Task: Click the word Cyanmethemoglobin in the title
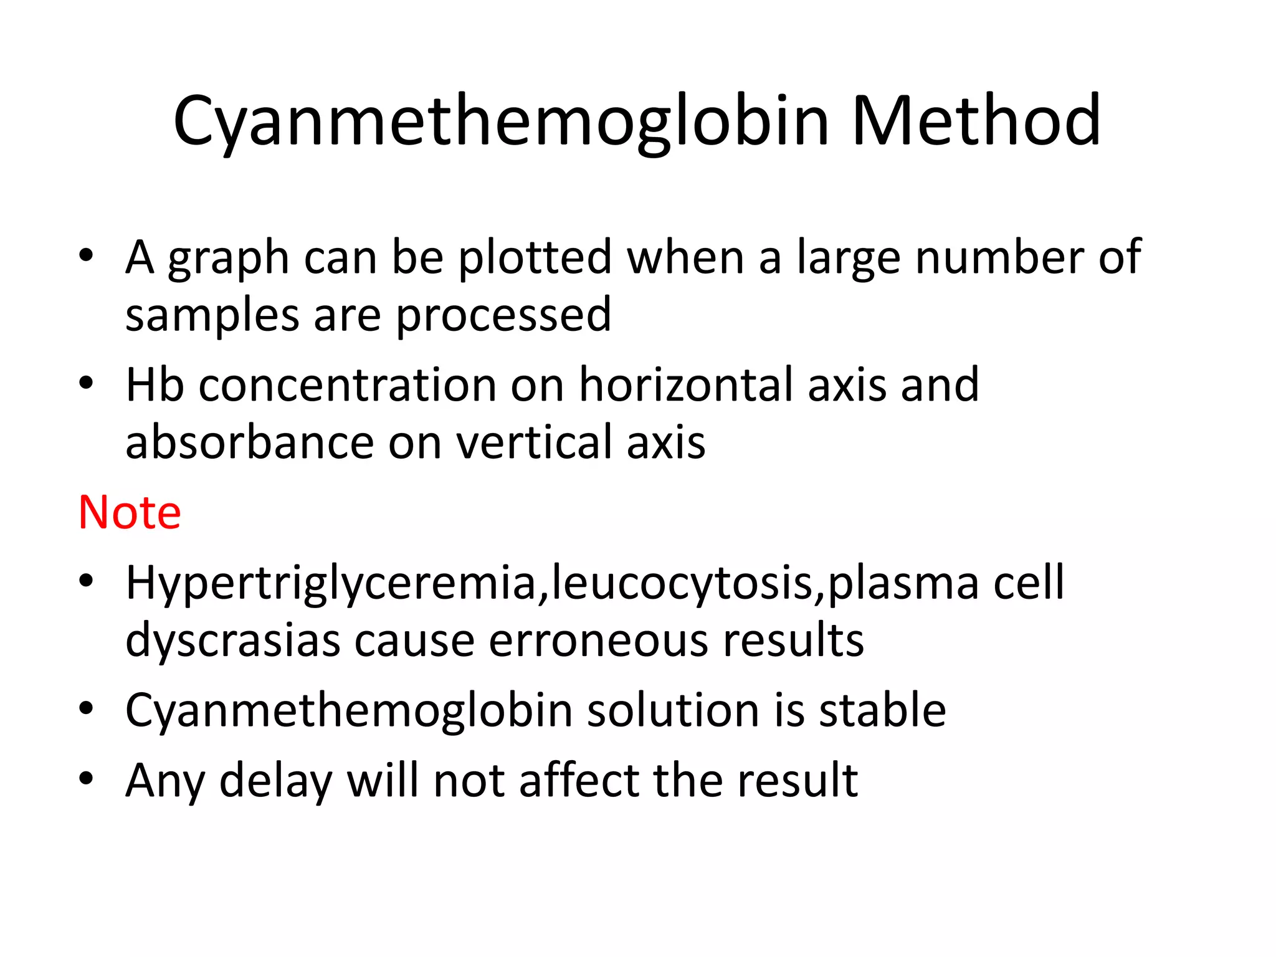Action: tap(502, 121)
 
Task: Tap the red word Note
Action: tap(130, 512)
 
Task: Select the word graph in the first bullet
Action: tap(228, 258)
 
